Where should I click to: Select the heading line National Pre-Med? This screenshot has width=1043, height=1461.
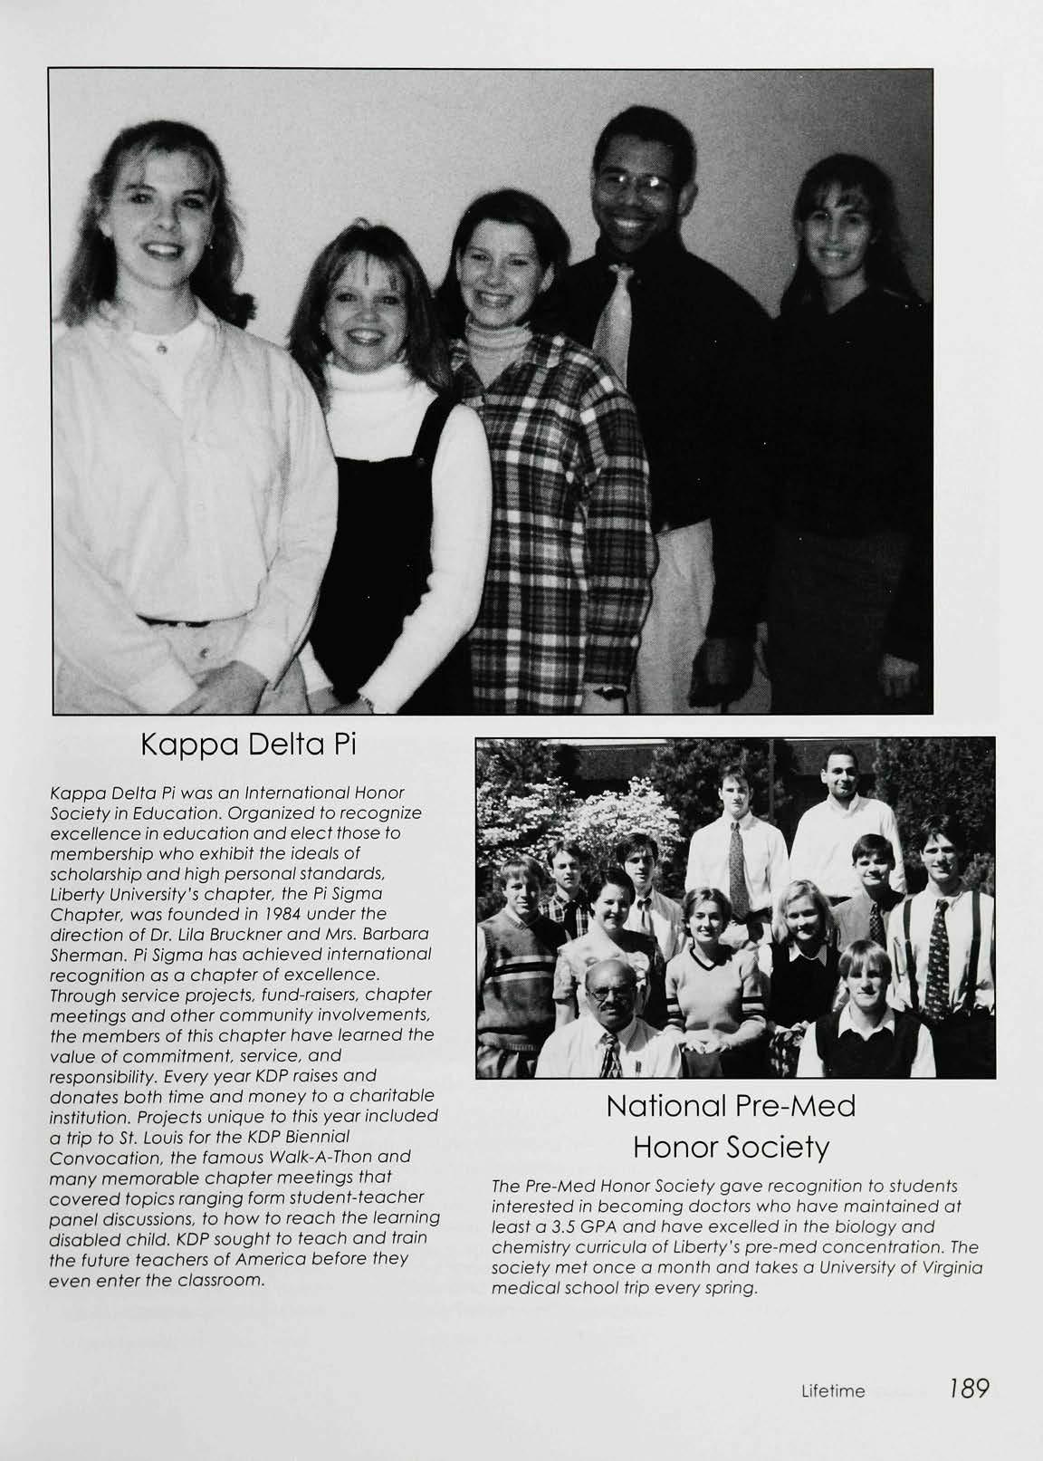coord(731,1106)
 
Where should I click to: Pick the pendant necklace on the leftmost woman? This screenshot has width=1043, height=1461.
coord(161,345)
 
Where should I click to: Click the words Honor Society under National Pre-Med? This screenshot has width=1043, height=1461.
coord(731,1149)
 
